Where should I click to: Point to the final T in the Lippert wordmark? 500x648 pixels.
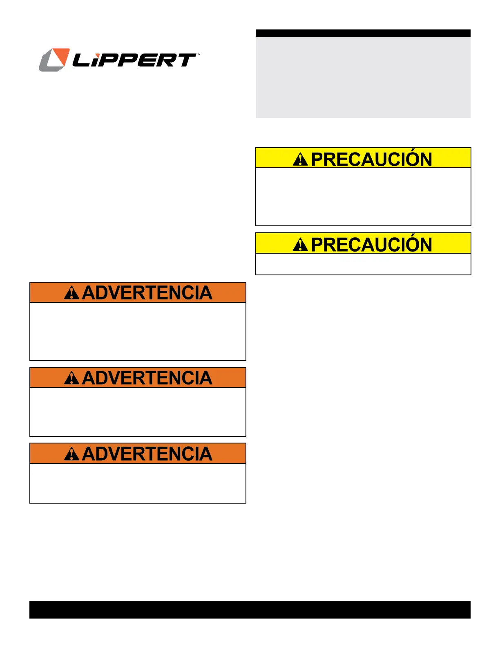[x=186, y=60]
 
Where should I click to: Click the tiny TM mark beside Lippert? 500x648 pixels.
[x=199, y=54]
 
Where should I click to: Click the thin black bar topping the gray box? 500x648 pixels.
[x=363, y=33]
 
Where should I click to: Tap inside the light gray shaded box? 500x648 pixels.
[x=363, y=78]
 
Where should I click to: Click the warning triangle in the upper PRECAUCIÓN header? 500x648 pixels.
[x=300, y=159]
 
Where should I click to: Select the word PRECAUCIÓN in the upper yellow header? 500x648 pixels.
[x=371, y=159]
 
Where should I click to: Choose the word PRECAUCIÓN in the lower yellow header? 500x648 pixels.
[x=371, y=244]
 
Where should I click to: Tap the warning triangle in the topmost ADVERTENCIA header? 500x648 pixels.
[x=71, y=293]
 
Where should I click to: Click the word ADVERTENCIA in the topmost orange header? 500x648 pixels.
[x=147, y=293]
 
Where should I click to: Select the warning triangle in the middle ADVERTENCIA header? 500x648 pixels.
[x=71, y=378]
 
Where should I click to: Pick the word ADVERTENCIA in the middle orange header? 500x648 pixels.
[x=147, y=378]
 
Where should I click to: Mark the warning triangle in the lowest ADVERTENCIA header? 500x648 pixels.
[x=71, y=454]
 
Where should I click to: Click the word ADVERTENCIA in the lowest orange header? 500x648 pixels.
[x=147, y=454]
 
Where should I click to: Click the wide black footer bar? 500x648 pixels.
[x=250, y=610]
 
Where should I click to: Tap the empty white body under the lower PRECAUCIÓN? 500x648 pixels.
[x=363, y=264]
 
